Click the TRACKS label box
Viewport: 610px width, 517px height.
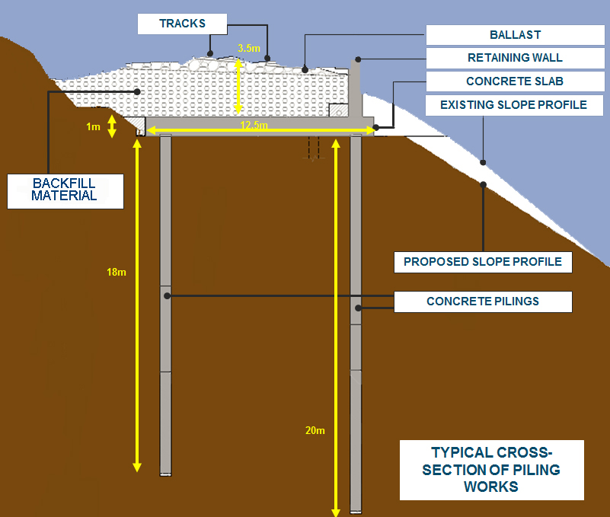(182, 24)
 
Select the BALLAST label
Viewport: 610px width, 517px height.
(515, 35)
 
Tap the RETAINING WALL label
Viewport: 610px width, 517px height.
(515, 58)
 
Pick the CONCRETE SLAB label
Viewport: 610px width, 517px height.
(515, 81)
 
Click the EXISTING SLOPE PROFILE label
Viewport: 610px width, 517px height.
(515, 104)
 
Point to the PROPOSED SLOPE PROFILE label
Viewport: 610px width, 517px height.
(483, 262)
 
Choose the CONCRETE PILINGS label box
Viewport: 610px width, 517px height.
(483, 302)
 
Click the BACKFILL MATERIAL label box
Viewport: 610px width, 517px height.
(65, 190)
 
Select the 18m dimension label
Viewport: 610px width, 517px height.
(117, 272)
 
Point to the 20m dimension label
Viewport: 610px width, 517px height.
(315, 430)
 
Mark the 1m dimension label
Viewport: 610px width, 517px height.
(93, 126)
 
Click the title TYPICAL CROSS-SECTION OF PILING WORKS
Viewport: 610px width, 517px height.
(491, 470)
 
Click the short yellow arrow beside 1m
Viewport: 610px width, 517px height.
(112, 126)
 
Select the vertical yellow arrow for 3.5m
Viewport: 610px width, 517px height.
(238, 87)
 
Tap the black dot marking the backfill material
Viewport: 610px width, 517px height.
(137, 91)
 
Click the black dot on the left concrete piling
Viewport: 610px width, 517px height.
(166, 295)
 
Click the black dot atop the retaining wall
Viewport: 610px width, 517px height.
(356, 59)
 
